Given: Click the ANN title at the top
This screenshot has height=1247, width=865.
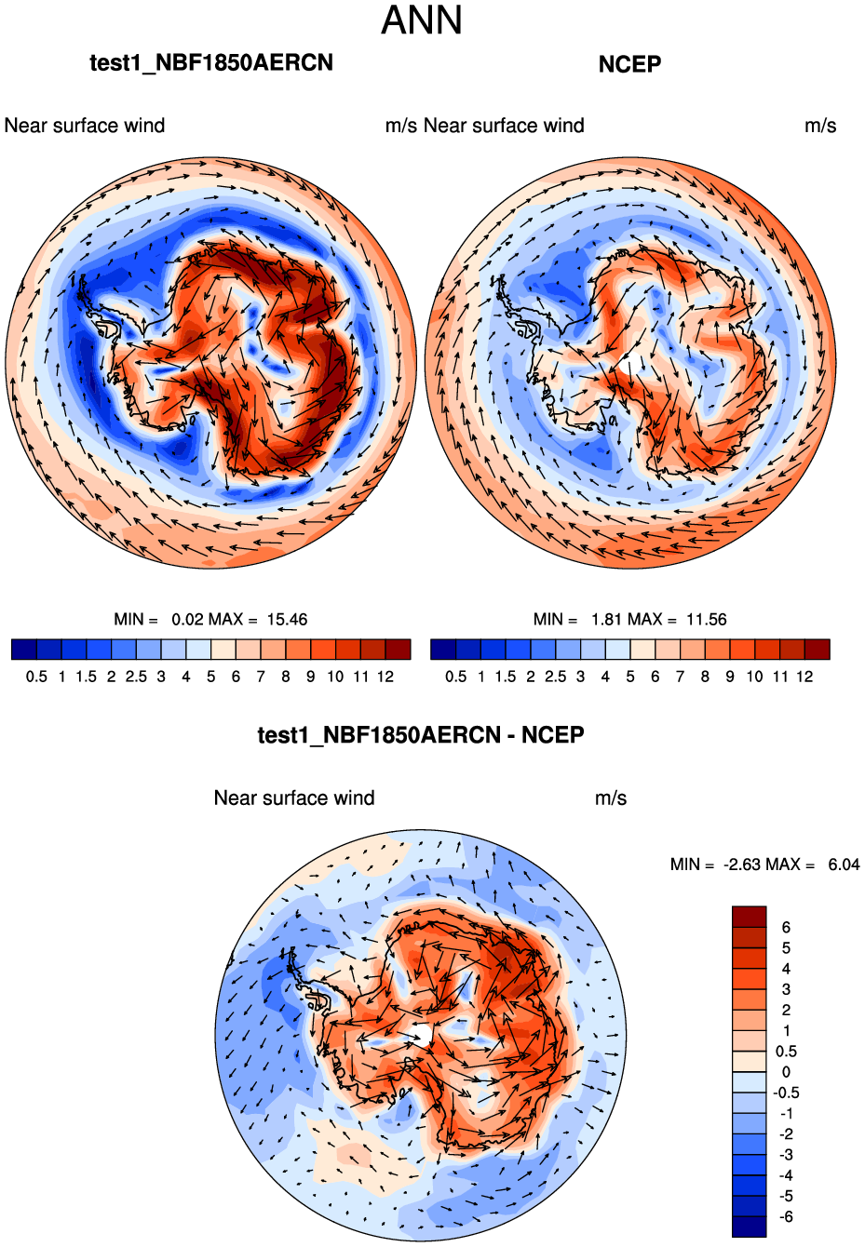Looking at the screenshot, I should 422,21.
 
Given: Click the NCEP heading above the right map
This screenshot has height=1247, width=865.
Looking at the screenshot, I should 629,64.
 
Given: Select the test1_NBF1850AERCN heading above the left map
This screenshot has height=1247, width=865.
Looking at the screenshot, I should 211,62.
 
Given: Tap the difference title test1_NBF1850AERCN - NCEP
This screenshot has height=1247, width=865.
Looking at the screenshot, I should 421,735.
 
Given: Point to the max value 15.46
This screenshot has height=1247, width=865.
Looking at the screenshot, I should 287,620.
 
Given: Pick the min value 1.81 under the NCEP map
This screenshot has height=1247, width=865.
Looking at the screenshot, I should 607,620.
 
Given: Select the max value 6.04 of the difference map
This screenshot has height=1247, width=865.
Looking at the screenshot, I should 844,865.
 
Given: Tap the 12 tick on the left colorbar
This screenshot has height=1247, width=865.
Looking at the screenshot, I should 385,677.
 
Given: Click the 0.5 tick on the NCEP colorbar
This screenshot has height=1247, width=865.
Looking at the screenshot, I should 456,677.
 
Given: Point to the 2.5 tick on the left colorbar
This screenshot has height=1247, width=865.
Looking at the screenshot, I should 136,677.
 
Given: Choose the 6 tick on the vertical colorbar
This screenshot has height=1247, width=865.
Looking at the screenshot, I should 786,927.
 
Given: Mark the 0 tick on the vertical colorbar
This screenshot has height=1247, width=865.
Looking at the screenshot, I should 786,1072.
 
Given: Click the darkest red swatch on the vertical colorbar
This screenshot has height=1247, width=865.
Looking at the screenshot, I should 750,917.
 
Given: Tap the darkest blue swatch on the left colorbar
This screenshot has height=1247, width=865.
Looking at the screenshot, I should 24,649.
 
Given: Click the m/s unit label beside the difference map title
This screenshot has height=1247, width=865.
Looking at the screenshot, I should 611,798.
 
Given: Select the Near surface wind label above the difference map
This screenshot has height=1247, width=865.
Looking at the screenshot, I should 294,798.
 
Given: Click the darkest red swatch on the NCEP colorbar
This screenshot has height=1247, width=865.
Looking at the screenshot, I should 817,649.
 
